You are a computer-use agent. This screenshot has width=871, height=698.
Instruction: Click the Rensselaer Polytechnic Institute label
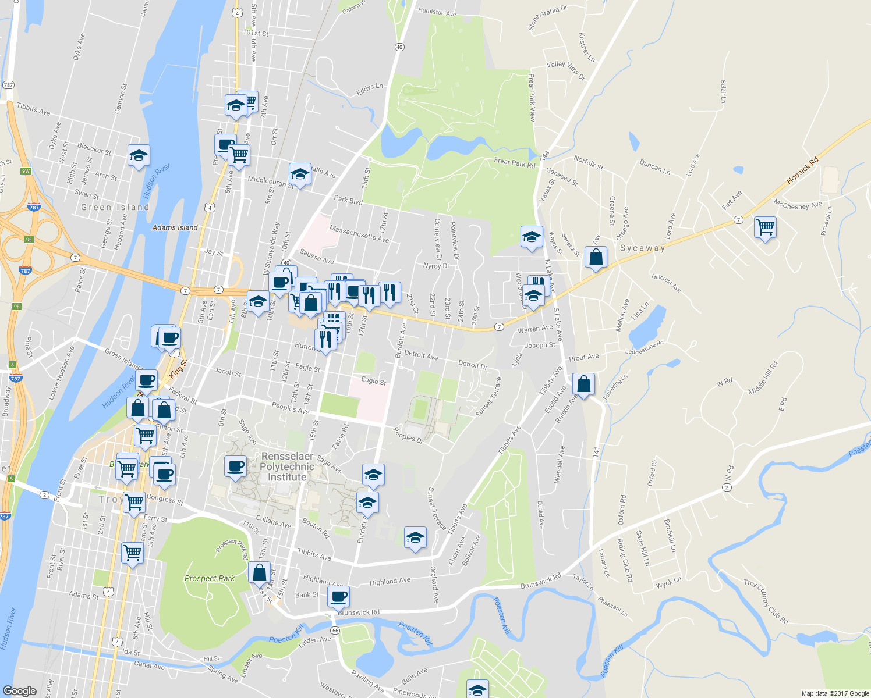286,467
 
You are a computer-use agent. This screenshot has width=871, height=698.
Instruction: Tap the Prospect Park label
209,578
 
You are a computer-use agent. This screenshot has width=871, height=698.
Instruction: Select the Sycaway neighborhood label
642,248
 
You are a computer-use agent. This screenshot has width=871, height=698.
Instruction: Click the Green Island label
115,207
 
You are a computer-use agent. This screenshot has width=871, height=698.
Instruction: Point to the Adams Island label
175,227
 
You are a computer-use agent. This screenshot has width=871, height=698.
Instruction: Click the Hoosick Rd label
802,171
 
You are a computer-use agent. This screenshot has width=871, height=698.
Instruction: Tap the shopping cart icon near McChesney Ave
765,227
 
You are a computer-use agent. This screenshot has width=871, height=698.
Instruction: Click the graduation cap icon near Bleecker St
139,156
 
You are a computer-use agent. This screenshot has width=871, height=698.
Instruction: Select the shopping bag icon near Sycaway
596,257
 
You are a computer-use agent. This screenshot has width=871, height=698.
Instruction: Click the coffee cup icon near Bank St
338,597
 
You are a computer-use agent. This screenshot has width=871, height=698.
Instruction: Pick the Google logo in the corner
19,690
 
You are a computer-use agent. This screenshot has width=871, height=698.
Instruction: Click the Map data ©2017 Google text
835,693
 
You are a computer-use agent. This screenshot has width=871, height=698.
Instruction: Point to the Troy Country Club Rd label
766,601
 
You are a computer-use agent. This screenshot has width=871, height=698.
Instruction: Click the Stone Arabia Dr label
547,17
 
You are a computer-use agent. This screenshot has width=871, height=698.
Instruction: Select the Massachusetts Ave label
359,234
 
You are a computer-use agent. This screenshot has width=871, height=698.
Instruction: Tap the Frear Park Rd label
514,163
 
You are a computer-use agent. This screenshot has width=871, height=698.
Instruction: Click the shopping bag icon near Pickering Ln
583,384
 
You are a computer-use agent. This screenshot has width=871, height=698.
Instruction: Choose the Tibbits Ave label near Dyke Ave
33,109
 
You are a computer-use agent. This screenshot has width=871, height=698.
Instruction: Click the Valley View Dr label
565,69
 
